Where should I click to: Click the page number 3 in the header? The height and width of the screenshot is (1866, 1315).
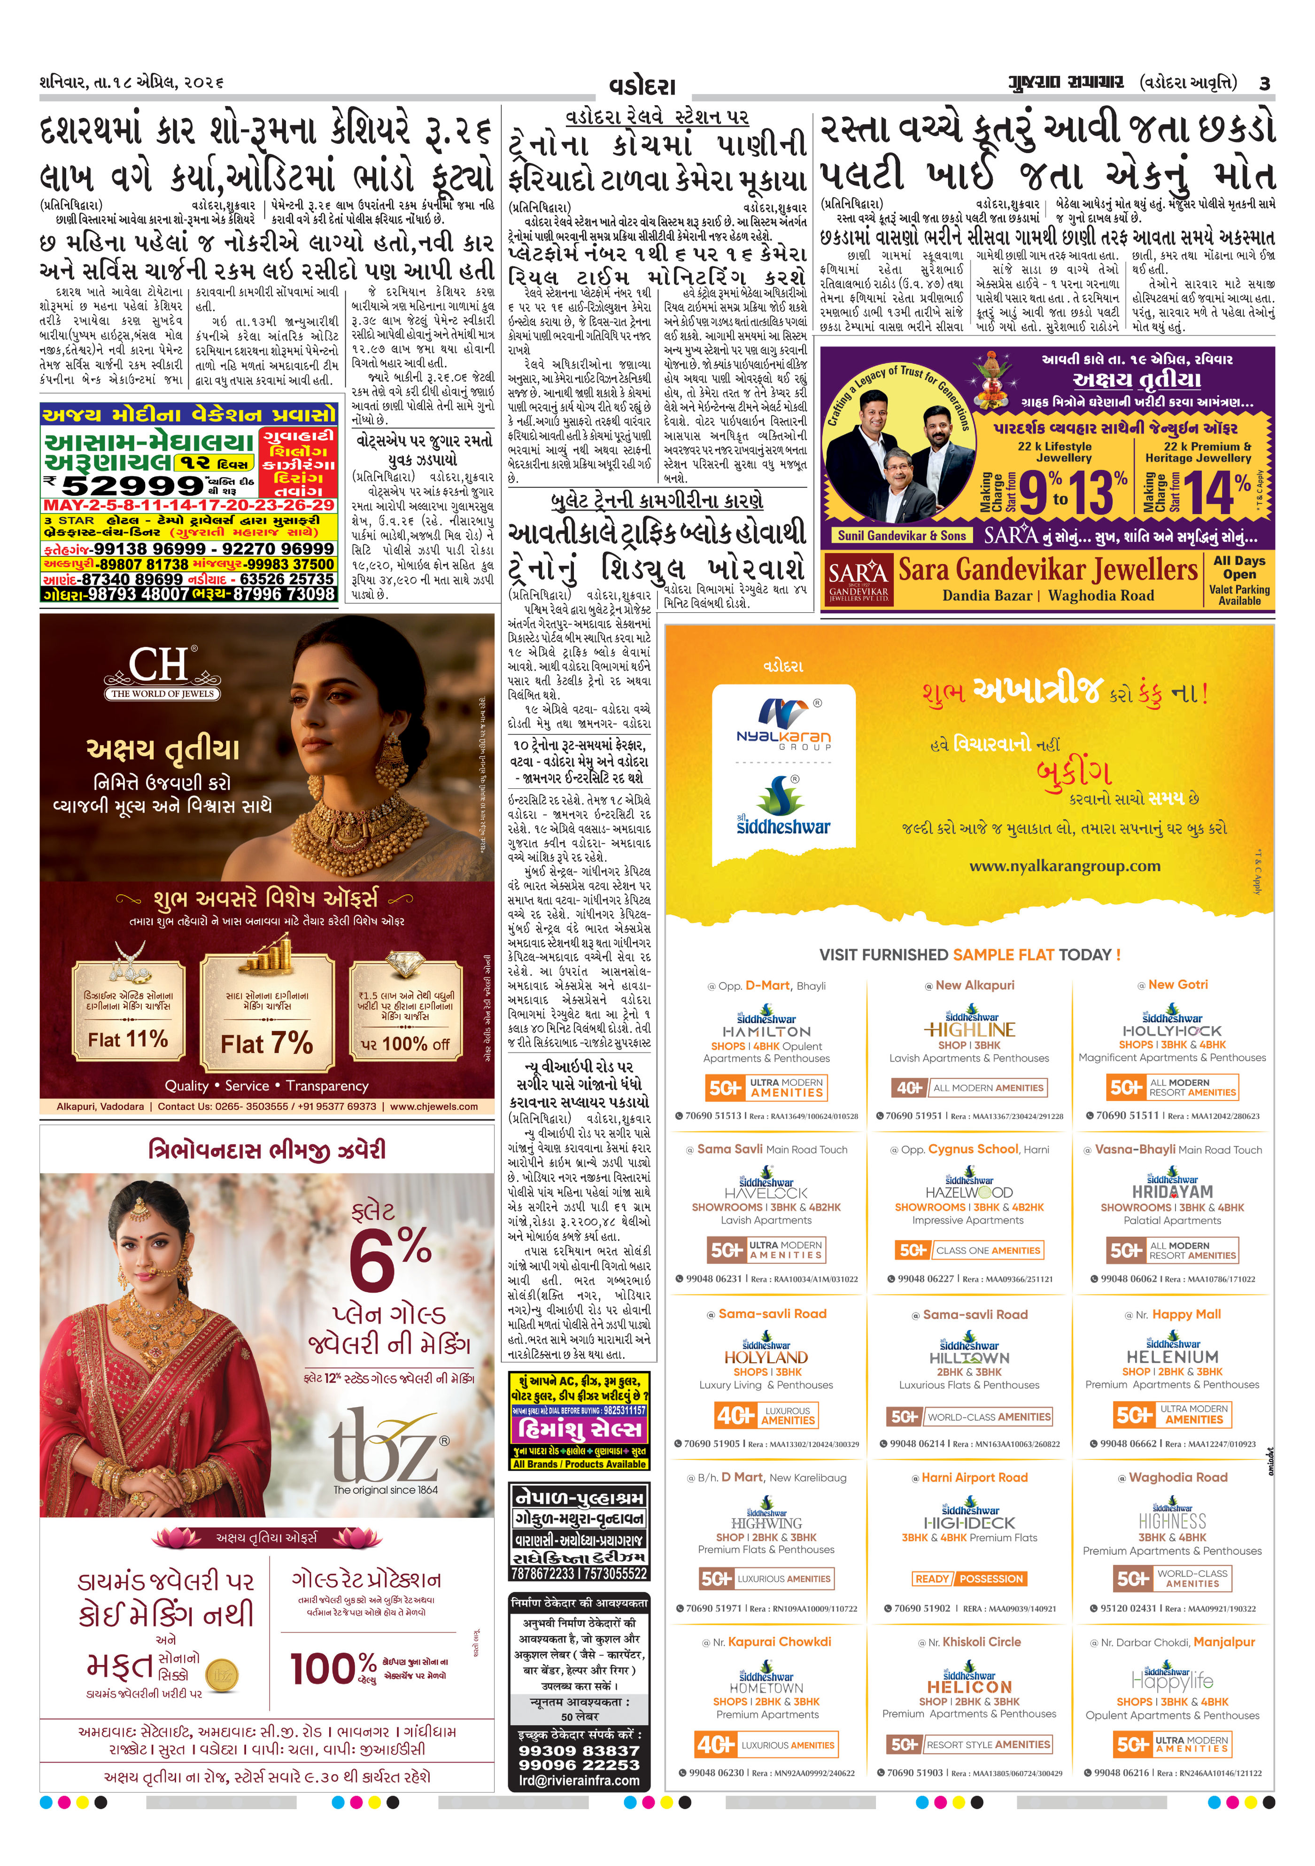pyautogui.click(x=1265, y=83)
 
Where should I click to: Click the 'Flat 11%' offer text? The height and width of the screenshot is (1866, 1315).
pyautogui.click(x=128, y=1039)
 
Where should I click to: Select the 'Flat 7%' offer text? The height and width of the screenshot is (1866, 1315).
pyautogui.click(x=267, y=1043)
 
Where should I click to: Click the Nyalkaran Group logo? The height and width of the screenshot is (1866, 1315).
pyautogui.click(x=783, y=722)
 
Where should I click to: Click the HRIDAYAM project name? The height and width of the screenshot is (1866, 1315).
pyautogui.click(x=1172, y=1192)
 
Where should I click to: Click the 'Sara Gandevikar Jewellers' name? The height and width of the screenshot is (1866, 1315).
pyautogui.click(x=1047, y=569)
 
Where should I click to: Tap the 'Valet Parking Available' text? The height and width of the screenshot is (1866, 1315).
pyautogui.click(x=1238, y=595)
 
